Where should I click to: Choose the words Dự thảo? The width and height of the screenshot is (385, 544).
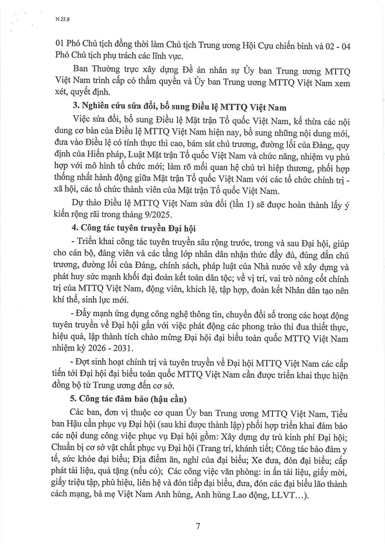(x=84, y=203)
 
